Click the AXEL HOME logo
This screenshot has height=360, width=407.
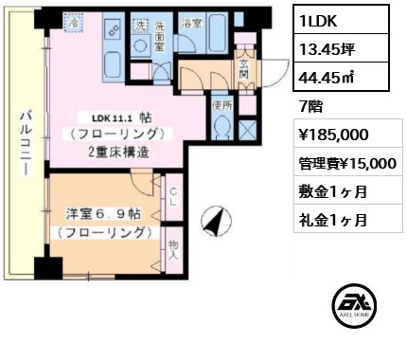tap(354, 305)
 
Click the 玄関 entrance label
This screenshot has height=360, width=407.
tap(243, 70)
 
